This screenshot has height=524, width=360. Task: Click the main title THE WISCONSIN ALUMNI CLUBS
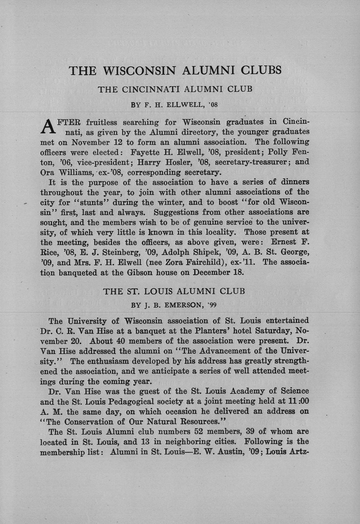175,71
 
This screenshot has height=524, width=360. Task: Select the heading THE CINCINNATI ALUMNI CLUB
175,89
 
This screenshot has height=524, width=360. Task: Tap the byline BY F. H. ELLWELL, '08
174,104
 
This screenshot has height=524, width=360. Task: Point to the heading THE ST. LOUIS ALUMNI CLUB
174,291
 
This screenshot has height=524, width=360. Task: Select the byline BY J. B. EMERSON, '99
174,305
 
